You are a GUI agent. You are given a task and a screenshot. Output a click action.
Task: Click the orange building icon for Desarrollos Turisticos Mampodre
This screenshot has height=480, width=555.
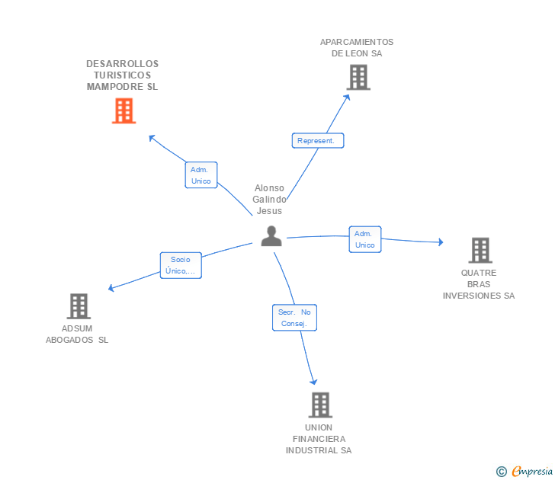[x=124, y=110]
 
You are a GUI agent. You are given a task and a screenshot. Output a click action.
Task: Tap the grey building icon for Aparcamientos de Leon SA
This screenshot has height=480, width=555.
[x=358, y=77]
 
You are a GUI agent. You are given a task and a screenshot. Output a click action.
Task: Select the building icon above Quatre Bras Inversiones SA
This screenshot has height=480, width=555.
[x=480, y=249]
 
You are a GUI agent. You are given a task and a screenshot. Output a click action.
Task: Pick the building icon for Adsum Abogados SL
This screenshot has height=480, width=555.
[x=79, y=306]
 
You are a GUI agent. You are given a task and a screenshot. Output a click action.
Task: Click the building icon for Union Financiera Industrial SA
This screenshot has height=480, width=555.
[x=320, y=405]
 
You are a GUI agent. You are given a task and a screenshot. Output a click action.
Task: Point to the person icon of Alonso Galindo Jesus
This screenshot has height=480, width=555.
[x=271, y=236]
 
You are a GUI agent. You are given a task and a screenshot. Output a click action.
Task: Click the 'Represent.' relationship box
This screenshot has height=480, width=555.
[x=318, y=141]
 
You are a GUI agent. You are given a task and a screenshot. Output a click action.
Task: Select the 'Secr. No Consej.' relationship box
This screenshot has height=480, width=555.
[x=294, y=318]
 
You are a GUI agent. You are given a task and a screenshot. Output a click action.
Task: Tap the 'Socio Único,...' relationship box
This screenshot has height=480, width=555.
[x=181, y=265]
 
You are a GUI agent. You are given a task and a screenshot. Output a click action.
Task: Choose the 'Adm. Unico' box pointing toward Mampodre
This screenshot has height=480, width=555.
[x=201, y=175]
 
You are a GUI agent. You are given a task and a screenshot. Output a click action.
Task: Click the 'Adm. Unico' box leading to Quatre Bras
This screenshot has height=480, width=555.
[x=364, y=239]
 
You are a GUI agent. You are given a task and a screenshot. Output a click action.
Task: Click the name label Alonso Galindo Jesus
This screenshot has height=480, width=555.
[x=270, y=199]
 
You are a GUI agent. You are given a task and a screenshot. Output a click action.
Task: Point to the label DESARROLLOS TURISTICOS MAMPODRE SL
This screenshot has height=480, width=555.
[x=123, y=75]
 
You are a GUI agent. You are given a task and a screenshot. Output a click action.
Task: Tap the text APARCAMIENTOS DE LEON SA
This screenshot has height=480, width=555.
[x=357, y=48]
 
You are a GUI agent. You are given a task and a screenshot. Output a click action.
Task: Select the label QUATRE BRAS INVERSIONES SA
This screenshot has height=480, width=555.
[x=479, y=284]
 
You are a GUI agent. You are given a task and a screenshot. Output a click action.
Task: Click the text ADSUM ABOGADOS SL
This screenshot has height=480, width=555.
[x=77, y=334]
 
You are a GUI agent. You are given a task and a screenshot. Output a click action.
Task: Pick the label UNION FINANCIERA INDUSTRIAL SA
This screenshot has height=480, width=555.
[x=319, y=439]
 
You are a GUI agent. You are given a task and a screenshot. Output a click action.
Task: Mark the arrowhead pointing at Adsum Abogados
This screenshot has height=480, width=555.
[x=111, y=289]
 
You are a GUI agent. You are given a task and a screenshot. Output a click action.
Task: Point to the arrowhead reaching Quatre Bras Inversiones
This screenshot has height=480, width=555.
[x=440, y=242]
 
